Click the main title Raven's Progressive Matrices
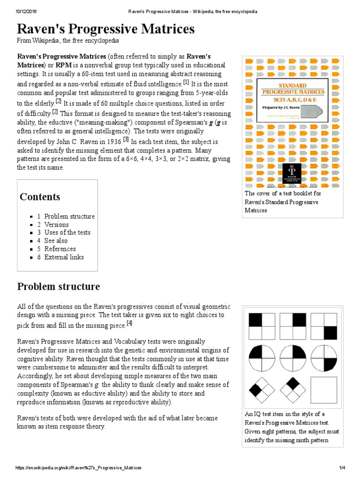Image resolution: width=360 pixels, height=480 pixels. tap(105, 29)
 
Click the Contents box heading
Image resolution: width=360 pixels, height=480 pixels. tap(40, 197)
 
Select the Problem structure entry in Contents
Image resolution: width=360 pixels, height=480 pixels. tap(69, 217)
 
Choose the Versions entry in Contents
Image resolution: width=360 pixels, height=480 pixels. tap(56, 225)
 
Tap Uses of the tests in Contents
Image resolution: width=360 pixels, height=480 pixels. tap(67, 232)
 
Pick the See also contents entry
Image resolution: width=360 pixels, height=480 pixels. tap(56, 241)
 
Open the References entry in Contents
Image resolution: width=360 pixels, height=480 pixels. tap(60, 249)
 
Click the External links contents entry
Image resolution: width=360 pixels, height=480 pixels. tap(64, 257)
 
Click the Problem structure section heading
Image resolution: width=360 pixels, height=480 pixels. tap(59, 286)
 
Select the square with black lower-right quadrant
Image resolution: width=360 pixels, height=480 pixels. tap(324, 326)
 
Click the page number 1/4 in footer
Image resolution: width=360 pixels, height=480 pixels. tap(342, 468)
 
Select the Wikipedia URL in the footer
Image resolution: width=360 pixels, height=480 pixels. tap(78, 468)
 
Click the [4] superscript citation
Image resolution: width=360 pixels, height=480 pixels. tap(129, 323)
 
